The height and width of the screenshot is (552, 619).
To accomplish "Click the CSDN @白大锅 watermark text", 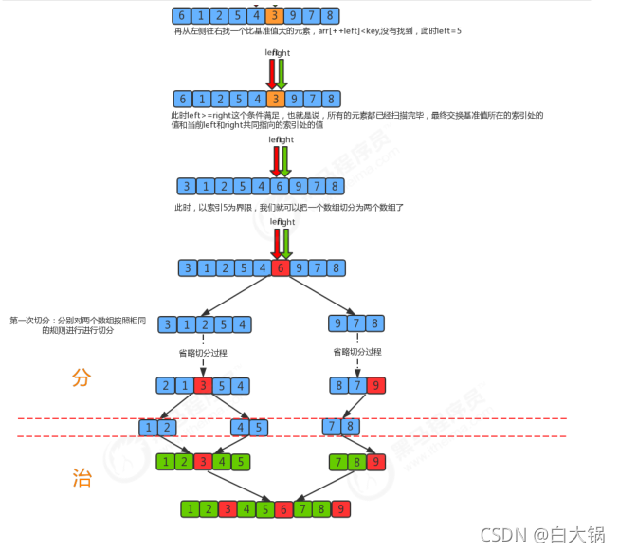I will click(x=542, y=535).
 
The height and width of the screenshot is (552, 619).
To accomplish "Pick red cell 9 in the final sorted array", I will click(x=340, y=509).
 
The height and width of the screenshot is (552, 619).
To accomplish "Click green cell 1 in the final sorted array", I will click(x=191, y=509).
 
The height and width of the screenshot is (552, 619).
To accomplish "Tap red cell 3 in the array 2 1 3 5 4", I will click(x=202, y=386).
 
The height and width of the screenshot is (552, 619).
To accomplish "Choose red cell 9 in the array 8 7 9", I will click(x=375, y=386).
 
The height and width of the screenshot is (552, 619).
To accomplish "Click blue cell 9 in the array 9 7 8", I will click(x=337, y=325).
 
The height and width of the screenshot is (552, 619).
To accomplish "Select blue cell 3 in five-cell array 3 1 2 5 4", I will click(x=167, y=325).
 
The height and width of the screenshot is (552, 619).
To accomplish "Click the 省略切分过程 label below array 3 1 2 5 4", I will click(x=203, y=353).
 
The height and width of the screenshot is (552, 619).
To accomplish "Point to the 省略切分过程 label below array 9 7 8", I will click(x=357, y=352).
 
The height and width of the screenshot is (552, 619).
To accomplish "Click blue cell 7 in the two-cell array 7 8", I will click(x=331, y=428).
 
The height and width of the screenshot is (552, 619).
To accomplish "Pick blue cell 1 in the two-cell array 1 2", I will click(x=148, y=428).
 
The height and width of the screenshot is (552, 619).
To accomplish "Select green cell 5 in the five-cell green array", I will click(x=242, y=462).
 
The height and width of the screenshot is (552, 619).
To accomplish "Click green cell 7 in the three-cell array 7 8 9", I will click(x=339, y=462).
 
